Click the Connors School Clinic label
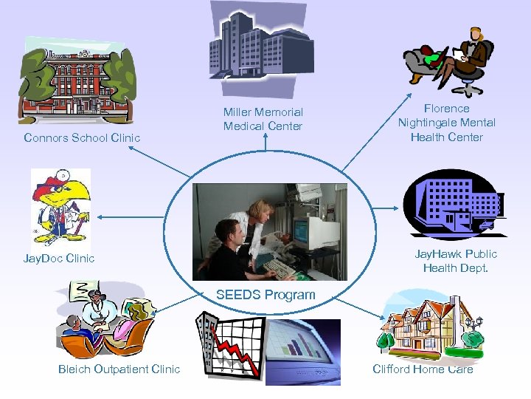click(x=82, y=137)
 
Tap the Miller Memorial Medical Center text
click(x=263, y=119)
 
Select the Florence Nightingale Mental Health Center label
click(x=446, y=123)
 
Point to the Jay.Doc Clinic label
click(x=59, y=259)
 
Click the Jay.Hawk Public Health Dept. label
click(x=456, y=261)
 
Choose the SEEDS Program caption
click(x=265, y=295)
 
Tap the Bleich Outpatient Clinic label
click(x=119, y=369)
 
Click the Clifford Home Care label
click(x=423, y=369)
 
